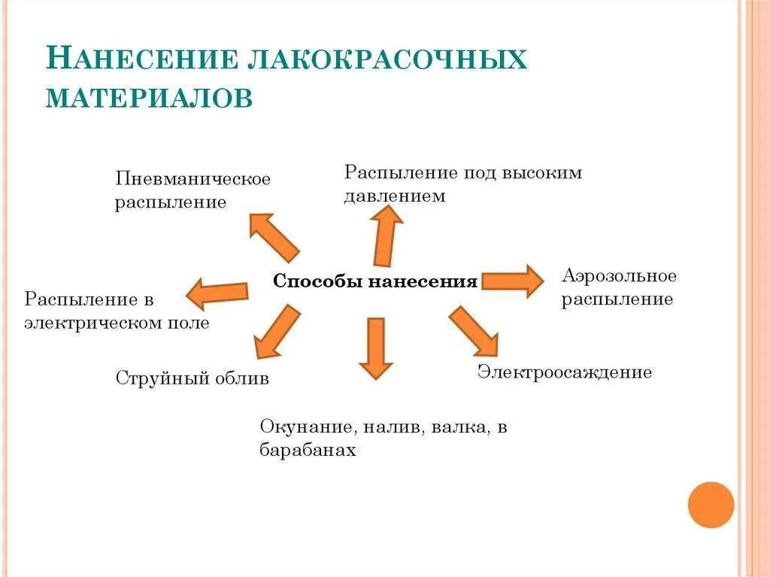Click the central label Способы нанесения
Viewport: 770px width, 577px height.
(374, 281)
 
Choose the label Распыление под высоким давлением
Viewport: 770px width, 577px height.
(462, 184)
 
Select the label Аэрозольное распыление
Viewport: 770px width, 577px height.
(618, 287)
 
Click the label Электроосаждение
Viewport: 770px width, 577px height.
(565, 372)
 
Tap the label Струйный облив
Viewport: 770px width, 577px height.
(192, 378)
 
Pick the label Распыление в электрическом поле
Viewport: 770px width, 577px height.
(117, 311)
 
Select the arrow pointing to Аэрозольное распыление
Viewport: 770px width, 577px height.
(512, 281)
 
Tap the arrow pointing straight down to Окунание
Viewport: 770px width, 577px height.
(375, 347)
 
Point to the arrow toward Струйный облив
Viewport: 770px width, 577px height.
(275, 330)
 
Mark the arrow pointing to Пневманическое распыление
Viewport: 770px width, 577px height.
(274, 235)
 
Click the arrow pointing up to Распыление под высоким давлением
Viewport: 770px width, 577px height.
(387, 234)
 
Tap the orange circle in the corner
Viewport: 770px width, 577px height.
(711, 504)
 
